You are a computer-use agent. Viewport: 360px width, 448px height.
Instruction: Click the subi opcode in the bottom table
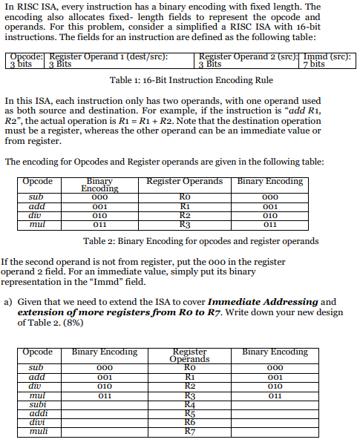point(36,405)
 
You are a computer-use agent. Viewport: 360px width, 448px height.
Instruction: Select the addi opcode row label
point(37,413)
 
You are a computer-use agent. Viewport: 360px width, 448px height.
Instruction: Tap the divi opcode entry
point(36,421)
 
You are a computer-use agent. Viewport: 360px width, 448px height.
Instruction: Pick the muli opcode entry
point(37,429)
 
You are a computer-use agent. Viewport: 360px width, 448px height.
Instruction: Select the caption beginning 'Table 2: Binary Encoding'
point(200,240)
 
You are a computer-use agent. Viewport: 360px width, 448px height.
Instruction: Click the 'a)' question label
point(8,302)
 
